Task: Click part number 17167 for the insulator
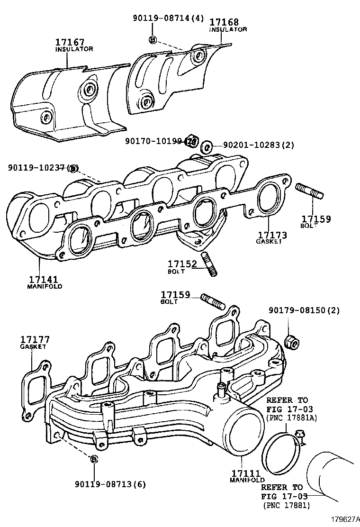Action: point(70,42)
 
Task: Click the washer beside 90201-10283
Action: point(207,146)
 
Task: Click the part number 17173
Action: point(273,235)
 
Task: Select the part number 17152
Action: point(182,263)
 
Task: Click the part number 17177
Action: point(35,340)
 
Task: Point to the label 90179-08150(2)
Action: point(297,311)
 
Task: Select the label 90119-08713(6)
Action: point(110,484)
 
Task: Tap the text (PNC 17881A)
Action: point(291,418)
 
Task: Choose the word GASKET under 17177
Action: point(33,346)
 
